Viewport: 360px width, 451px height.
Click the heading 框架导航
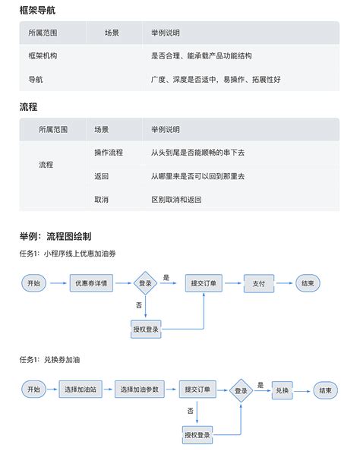coord(36,11)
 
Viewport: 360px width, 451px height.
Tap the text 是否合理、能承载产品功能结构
coord(201,56)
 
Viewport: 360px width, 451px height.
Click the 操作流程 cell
coord(109,153)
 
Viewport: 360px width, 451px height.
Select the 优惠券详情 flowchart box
coord(90,283)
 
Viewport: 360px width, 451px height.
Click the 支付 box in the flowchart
coord(259,283)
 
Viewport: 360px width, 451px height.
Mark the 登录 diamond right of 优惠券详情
coord(144,283)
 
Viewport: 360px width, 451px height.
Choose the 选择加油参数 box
coord(140,389)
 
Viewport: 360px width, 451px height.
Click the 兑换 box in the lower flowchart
coord(283,389)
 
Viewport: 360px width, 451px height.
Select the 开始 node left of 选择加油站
coord(33,389)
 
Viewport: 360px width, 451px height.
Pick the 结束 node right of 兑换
coord(326,389)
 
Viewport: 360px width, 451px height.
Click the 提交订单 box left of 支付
coord(204,283)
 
